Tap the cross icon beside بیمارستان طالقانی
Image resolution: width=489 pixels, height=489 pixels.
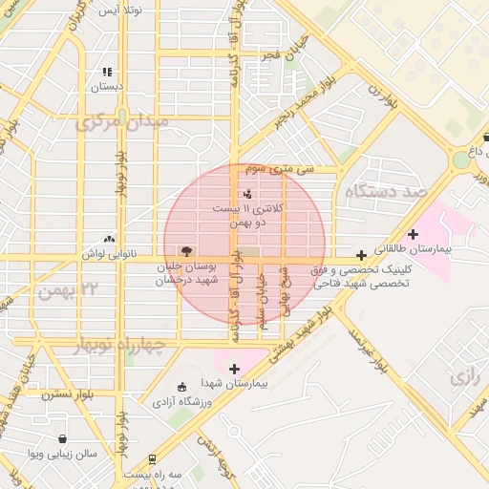pyautogui.click(x=413, y=234)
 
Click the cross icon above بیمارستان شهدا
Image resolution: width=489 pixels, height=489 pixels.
pyautogui.click(x=234, y=368)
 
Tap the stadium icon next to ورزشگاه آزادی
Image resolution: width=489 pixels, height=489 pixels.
pyautogui.click(x=182, y=387)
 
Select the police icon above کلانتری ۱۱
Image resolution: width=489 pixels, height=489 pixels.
pyautogui.click(x=248, y=194)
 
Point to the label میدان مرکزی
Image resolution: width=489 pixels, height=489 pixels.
pyautogui.click(x=124, y=122)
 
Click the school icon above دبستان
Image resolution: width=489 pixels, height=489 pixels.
pyautogui.click(x=107, y=72)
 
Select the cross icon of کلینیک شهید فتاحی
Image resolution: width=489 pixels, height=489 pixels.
pyautogui.click(x=361, y=255)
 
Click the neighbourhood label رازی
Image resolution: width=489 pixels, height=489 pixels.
pyautogui.click(x=462, y=377)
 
